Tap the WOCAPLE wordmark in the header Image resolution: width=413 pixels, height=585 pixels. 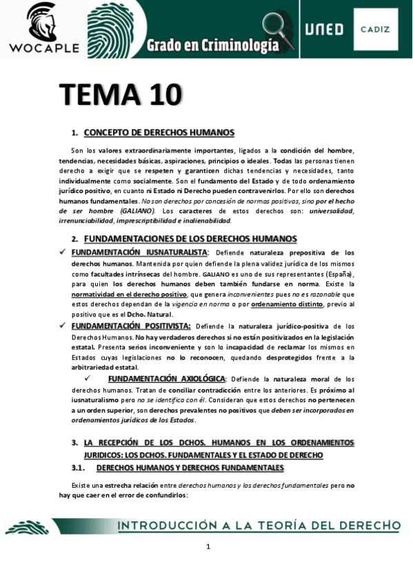tap(44, 48)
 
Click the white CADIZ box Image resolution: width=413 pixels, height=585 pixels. tap(375, 30)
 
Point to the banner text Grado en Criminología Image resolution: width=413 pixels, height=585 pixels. tap(212, 46)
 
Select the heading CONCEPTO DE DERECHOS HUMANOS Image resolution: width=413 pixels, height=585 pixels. tap(159, 132)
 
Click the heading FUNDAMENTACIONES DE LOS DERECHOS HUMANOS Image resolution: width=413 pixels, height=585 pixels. tap(190, 239)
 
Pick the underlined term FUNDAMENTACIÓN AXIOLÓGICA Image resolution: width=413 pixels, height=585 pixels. tap(166, 379)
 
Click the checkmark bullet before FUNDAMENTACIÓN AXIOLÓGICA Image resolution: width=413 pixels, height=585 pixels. tap(88, 379)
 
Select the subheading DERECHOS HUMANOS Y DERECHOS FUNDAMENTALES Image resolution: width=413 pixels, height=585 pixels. tap(190, 468)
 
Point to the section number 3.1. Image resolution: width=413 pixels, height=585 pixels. tap(79, 468)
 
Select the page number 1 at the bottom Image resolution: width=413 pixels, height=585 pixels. tap(208, 547)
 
